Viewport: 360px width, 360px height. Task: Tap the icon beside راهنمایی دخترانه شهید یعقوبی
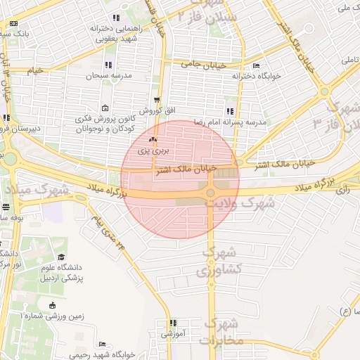click(116, 18)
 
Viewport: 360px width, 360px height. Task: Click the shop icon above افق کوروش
click(155, 100)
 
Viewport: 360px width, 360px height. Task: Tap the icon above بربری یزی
click(152, 140)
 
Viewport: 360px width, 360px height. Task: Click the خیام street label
click(35, 71)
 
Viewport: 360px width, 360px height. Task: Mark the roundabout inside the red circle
click(210, 193)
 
